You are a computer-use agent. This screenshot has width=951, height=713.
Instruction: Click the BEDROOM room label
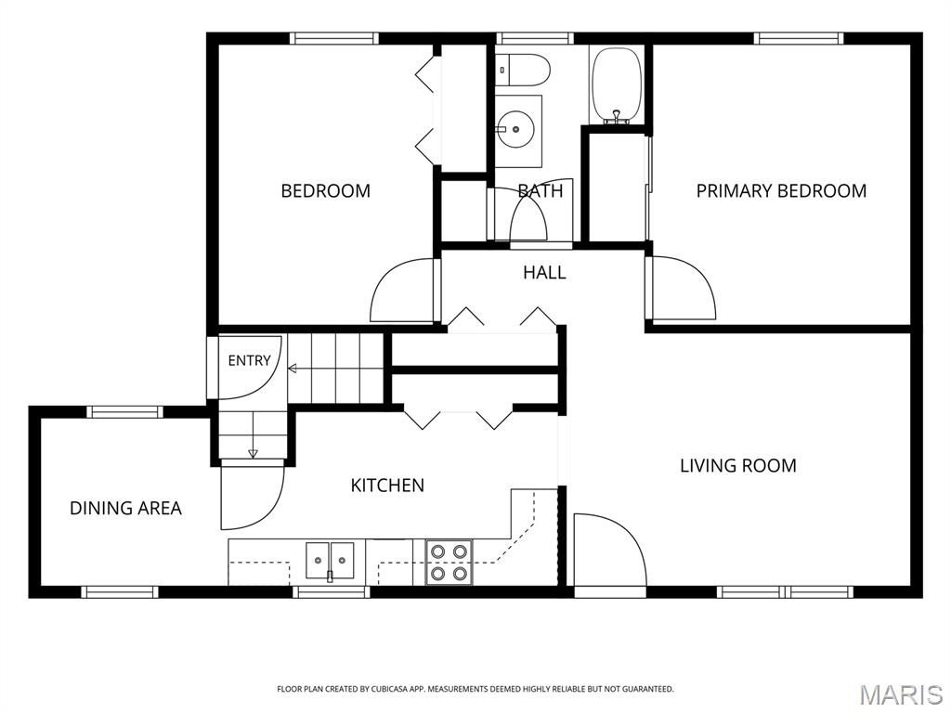pos(325,191)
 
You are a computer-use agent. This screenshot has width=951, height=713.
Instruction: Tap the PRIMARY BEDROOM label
pos(781,191)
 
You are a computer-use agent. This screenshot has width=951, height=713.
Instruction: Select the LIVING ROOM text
pos(738,466)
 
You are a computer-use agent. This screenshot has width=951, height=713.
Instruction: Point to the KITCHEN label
pos(387,485)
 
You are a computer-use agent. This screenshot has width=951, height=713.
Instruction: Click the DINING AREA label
pos(125,508)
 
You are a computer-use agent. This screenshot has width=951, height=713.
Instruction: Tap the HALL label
pos(544,273)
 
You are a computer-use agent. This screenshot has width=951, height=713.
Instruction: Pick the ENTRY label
pos(249,361)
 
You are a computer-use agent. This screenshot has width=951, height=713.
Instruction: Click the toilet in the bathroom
pos(522,70)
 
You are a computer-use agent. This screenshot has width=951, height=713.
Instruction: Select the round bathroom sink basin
pos(516,129)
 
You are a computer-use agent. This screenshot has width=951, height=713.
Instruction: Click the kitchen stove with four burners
pos(449,562)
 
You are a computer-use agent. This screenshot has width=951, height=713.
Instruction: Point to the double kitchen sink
pos(330,561)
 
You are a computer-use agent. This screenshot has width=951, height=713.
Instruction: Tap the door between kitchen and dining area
pos(252,494)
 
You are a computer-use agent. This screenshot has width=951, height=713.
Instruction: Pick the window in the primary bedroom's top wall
pos(799,38)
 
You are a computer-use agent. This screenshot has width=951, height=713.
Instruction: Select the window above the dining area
pos(125,412)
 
